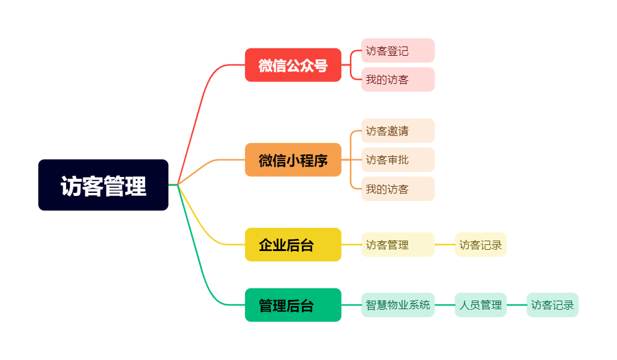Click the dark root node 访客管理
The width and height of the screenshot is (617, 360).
tap(103, 185)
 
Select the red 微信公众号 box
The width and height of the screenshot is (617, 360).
tap(293, 65)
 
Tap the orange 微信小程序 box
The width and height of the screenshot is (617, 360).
tap(293, 160)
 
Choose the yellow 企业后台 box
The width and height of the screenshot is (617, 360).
tap(293, 244)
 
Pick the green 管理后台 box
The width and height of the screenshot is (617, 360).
tap(293, 305)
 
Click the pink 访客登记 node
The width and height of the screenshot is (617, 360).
tap(398, 50)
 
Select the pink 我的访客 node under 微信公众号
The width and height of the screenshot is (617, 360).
tap(398, 80)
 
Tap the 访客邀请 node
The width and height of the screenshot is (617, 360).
tap(398, 130)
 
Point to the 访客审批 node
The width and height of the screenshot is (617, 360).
tap(398, 160)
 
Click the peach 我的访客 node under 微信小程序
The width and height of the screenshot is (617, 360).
tap(398, 189)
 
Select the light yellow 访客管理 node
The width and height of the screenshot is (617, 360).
tap(398, 244)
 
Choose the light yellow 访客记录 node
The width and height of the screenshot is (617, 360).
tap(480, 244)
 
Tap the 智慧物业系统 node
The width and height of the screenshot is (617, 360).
tap(398, 305)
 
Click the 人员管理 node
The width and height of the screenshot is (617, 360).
tap(480, 305)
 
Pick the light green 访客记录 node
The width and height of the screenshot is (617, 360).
tap(553, 305)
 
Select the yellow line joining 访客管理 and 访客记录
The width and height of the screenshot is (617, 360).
tap(445, 244)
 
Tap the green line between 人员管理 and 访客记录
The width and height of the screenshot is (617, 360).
tap(517, 305)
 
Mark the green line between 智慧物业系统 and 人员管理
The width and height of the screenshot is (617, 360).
tap(445, 305)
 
